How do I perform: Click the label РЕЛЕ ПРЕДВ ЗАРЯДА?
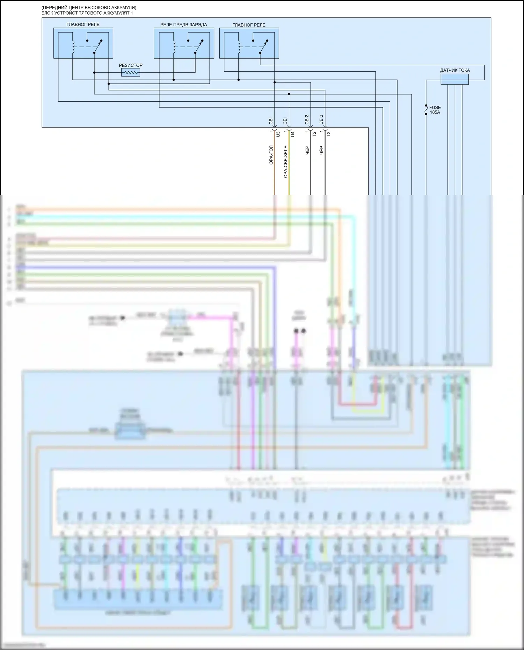183,25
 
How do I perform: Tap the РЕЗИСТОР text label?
131,65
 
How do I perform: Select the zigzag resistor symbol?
131,73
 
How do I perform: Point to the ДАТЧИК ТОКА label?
454,70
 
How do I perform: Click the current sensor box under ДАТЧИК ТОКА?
454,79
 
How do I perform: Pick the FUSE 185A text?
435,110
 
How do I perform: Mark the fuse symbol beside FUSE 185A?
426,110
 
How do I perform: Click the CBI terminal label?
271,121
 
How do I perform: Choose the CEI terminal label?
285,121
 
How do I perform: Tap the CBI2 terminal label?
307,119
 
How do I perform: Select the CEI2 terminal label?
321,119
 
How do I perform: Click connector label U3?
278,134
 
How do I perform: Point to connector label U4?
293,134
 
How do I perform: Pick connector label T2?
314,134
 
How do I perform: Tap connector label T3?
329,134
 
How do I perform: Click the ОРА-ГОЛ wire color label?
271,155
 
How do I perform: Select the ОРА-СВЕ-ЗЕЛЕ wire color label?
285,162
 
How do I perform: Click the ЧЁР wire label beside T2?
307,150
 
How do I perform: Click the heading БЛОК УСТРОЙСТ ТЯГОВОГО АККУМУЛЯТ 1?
87,13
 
